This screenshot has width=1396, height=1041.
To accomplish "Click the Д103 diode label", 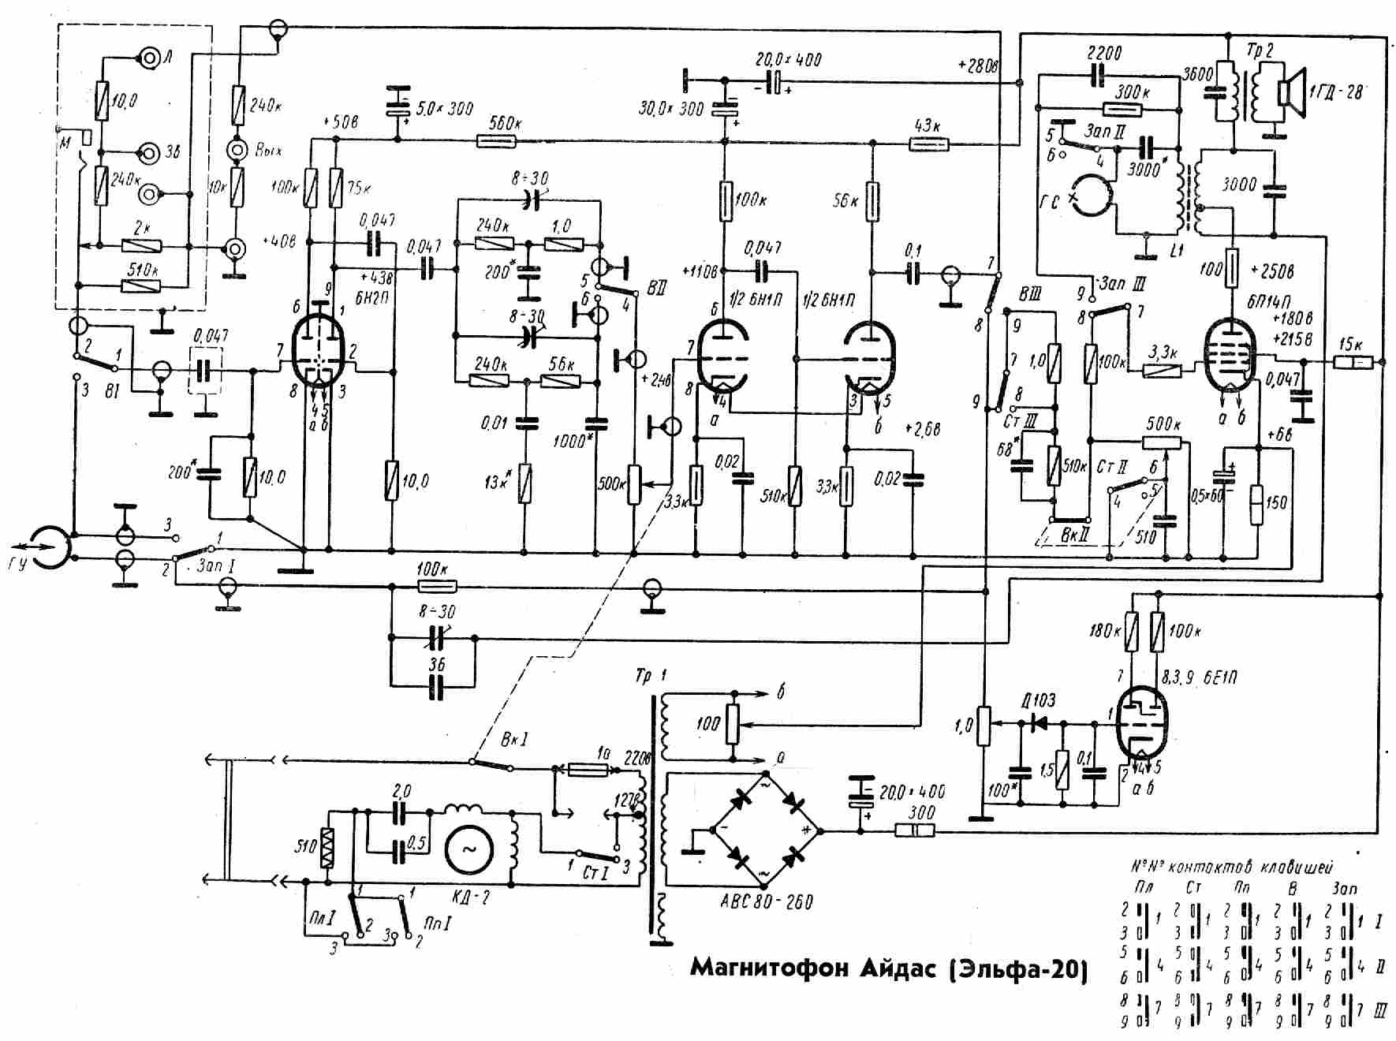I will [1038, 700].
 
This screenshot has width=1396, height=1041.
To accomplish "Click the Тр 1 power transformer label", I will [651, 677].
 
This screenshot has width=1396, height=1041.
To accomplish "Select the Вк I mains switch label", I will [514, 740].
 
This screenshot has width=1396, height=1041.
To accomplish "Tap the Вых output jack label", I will [268, 150].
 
